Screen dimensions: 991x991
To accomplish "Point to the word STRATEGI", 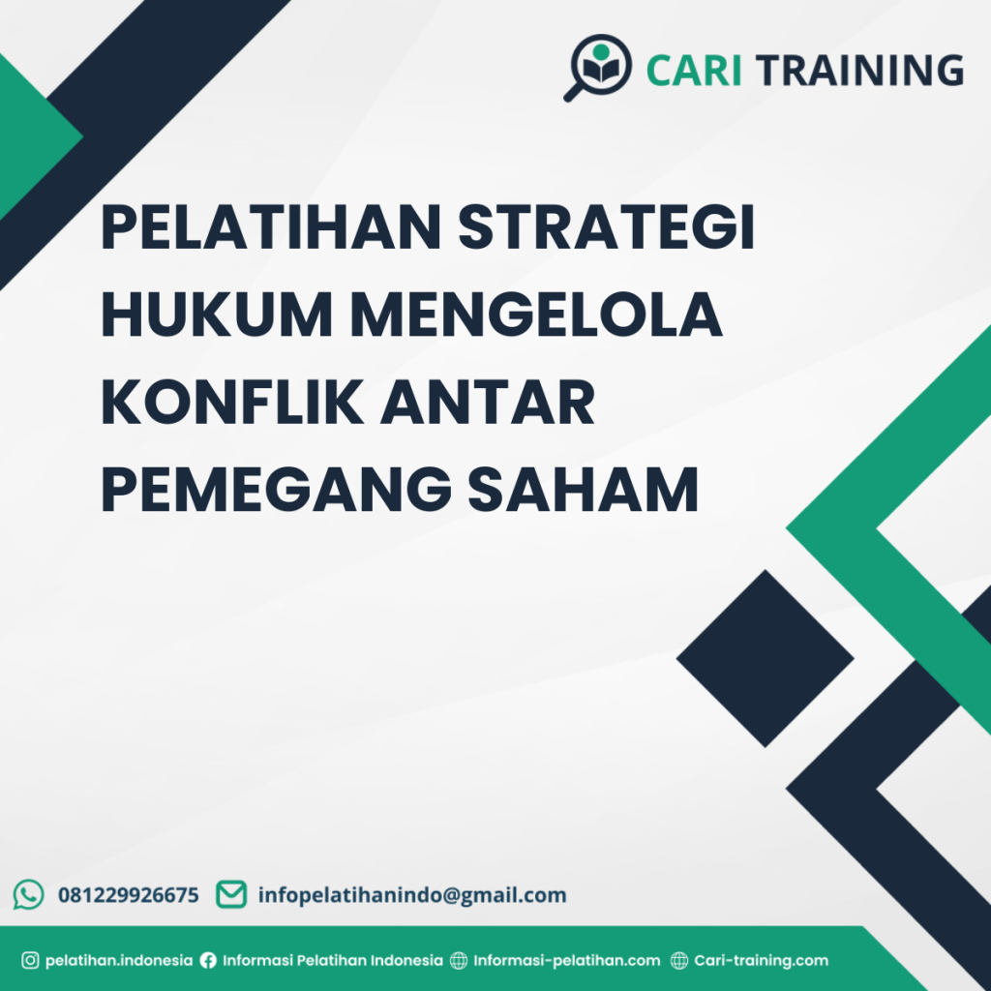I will (x=606, y=230).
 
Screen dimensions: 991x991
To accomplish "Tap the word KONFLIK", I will (x=232, y=405).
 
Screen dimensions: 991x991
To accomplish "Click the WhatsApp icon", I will (x=29, y=894).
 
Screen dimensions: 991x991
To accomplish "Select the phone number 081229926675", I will (x=129, y=895).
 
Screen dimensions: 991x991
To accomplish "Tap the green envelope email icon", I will (x=230, y=894).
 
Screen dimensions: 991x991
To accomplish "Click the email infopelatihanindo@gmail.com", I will (x=412, y=895).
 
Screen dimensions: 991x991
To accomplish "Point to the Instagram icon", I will (x=30, y=961).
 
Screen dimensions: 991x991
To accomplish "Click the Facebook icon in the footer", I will (x=208, y=961).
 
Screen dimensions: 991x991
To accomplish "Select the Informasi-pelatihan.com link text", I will (x=566, y=961).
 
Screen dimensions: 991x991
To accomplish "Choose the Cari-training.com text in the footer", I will (x=762, y=961).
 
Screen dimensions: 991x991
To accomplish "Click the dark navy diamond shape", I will (x=765, y=658).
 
